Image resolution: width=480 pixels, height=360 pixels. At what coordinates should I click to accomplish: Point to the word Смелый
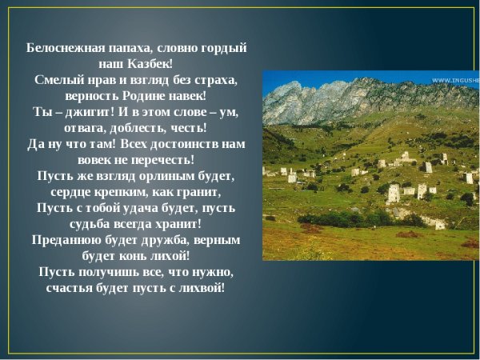(57, 79)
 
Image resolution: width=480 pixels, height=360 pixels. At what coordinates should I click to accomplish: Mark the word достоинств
(185, 145)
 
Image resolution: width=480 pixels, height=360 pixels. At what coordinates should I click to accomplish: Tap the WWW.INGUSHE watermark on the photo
(456, 81)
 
